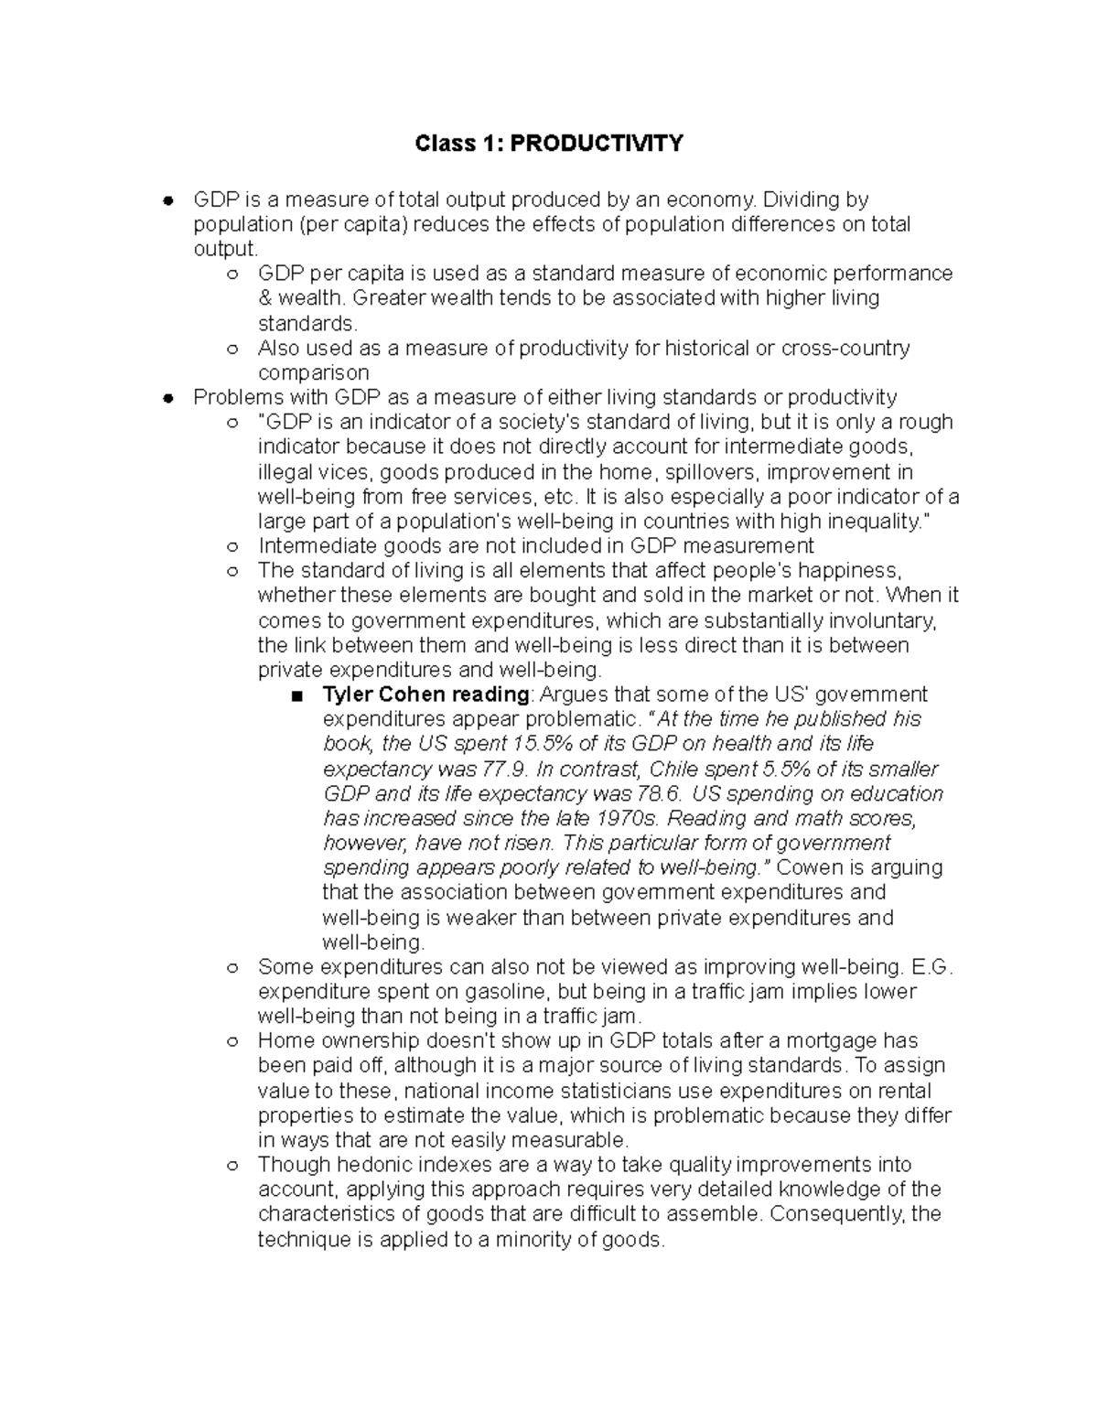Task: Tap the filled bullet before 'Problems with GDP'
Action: tap(167, 398)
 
